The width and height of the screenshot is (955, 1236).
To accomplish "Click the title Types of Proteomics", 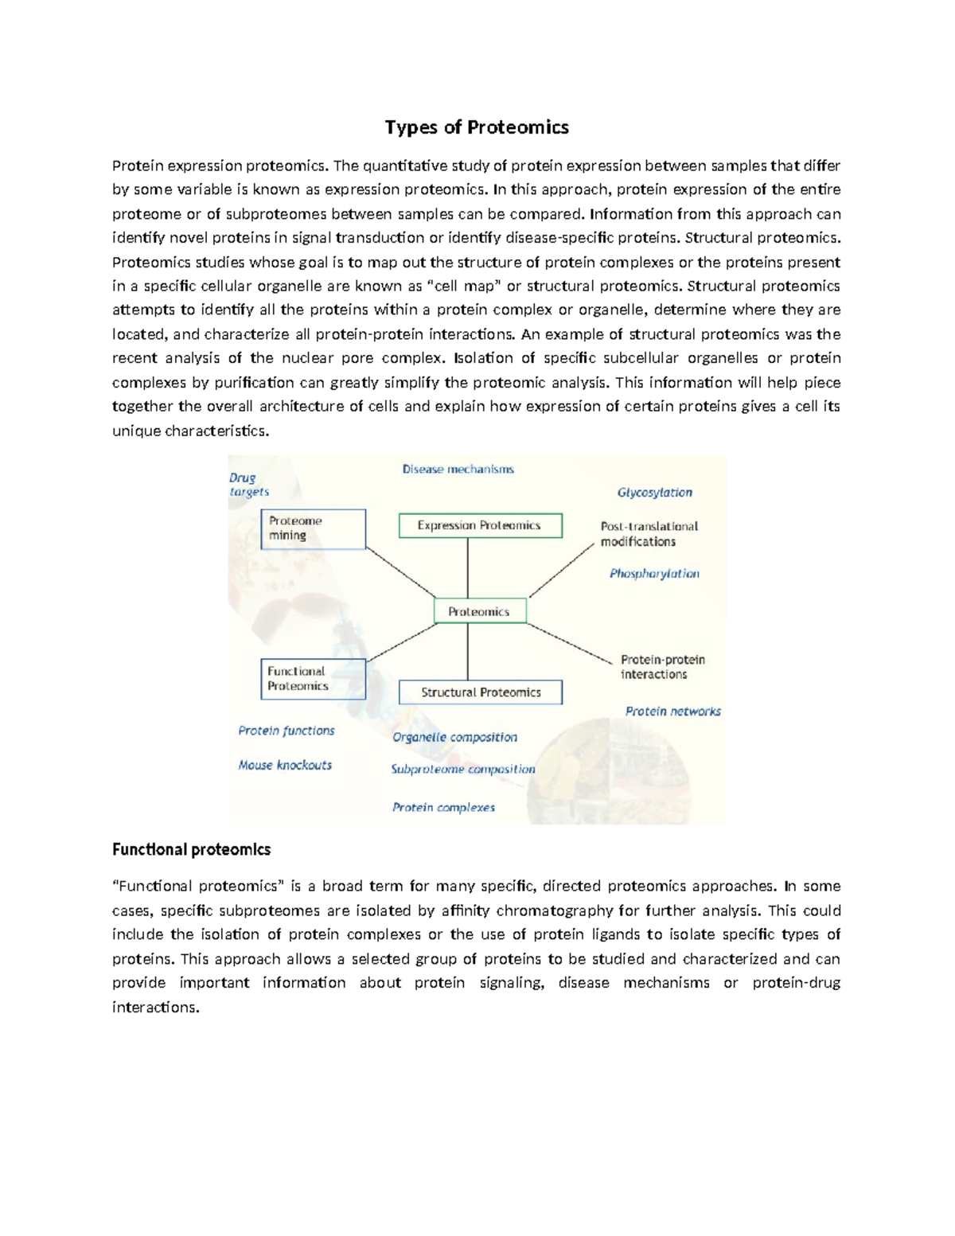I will coord(477,127).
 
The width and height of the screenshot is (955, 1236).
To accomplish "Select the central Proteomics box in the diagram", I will coord(479,611).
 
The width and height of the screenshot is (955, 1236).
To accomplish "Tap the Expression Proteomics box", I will coord(480,525).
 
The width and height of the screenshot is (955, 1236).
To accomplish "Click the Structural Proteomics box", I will coord(480,692).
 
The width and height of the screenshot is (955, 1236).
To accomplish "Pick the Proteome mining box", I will coord(313,528).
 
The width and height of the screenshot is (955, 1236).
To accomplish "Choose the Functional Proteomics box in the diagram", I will coord(313,679).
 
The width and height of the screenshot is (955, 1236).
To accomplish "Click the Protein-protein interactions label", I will coord(662,667).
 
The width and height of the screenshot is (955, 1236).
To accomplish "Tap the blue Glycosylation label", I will coord(654,493).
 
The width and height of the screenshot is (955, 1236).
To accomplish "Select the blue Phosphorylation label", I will coord(654,574).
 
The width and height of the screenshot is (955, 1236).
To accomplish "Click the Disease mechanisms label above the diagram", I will coord(458,470).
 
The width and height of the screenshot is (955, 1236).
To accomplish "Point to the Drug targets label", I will coord(248,485).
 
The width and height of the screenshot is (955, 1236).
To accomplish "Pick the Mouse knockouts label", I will coord(285,765).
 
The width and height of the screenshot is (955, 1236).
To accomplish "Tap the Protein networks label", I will coord(672,712).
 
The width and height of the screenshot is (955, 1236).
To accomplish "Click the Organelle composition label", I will coord(454,737).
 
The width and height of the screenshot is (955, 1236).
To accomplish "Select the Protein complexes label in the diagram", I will coord(443,807).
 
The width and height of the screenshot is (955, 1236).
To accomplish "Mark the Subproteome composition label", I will coord(462,769).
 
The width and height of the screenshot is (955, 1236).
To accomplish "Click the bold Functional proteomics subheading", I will coord(191,849).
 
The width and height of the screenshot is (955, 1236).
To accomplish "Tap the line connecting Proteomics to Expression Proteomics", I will coord(467,568).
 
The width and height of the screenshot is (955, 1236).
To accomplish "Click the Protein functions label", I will coord(286,731).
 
